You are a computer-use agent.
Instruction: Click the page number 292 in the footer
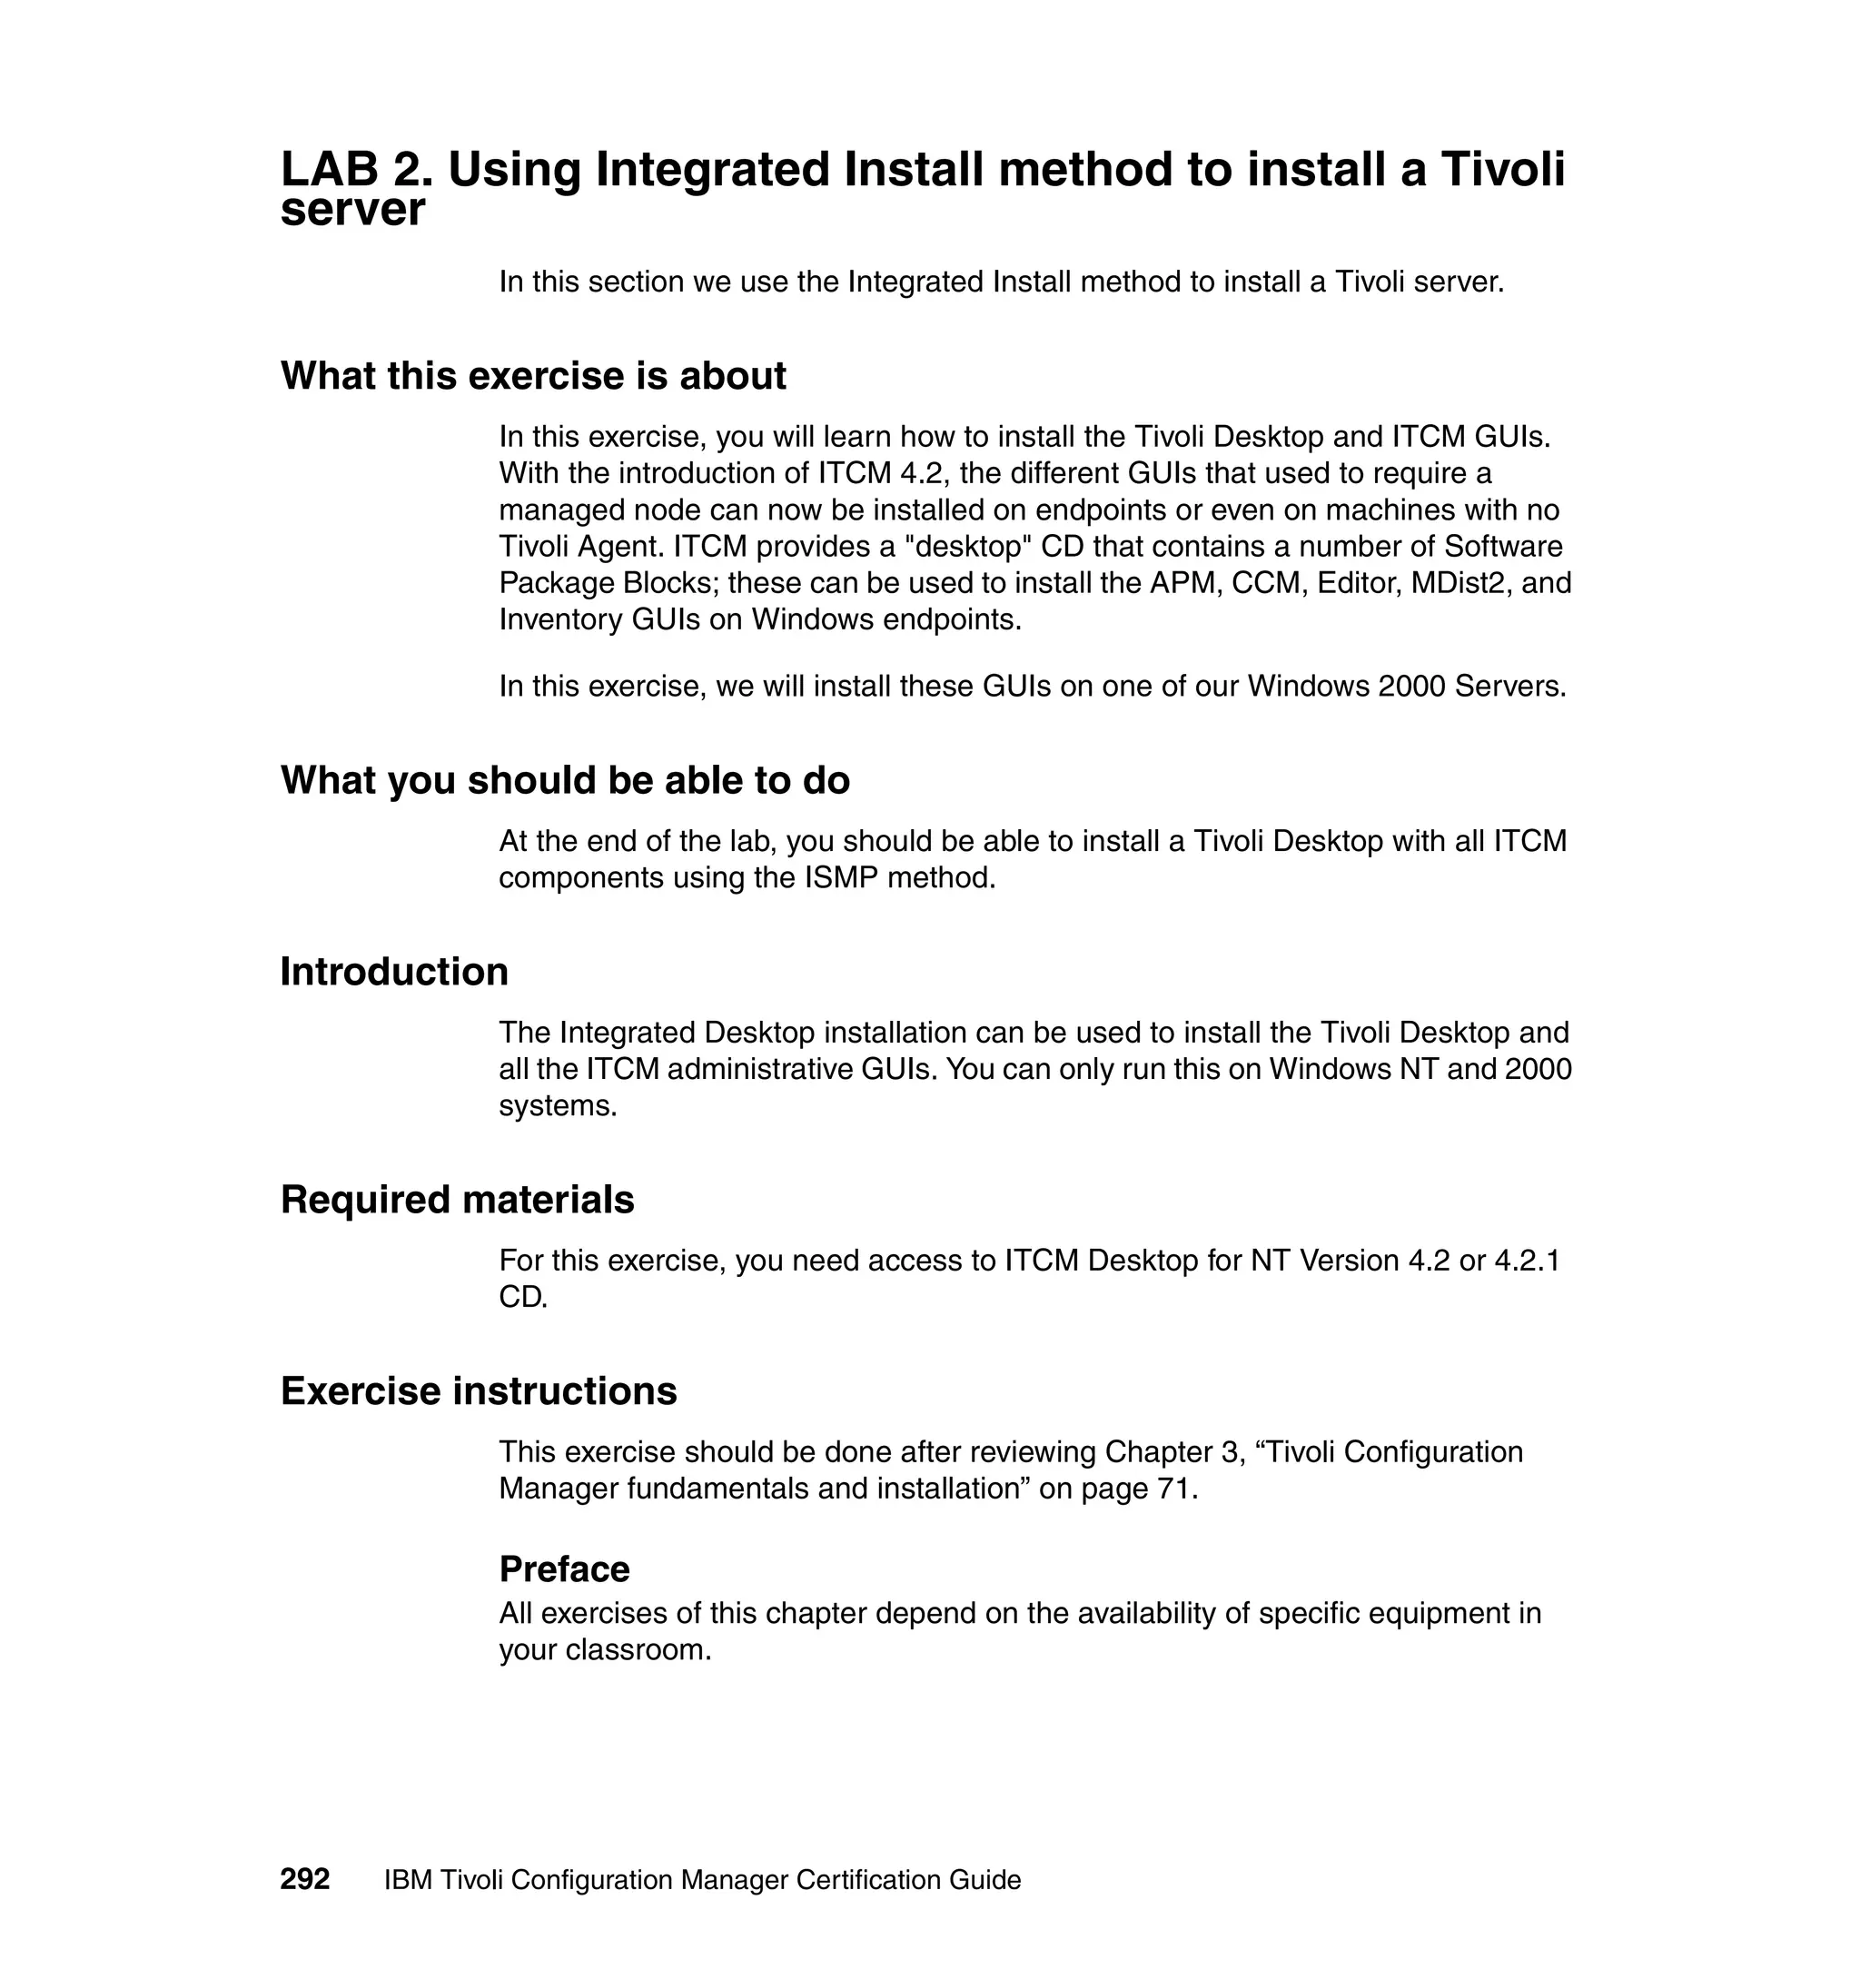[x=304, y=1880]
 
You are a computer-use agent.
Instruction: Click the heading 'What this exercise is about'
[x=532, y=377]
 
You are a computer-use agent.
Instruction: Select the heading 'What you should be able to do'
[x=564, y=781]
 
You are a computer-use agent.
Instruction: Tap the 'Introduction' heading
[x=393, y=973]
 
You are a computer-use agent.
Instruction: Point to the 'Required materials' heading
[x=457, y=1201]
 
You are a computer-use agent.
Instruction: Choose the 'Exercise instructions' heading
[x=478, y=1392]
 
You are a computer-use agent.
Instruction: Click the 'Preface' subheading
[x=563, y=1569]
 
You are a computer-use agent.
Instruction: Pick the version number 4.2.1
[x=1527, y=1262]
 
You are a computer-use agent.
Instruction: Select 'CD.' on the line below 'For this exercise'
[x=522, y=1298]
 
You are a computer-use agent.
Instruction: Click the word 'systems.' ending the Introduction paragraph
[x=558, y=1106]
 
